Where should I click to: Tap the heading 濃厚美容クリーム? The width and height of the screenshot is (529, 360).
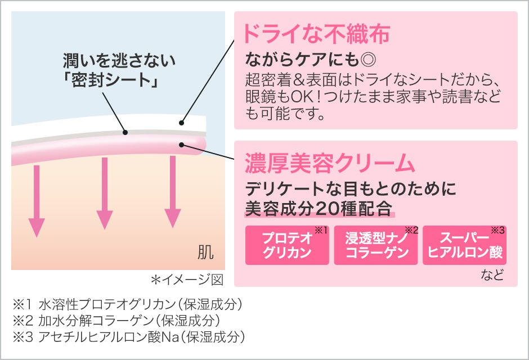point(329,163)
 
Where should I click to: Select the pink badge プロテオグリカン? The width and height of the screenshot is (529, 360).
point(287,245)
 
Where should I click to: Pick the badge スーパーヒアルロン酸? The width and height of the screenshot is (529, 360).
point(465,245)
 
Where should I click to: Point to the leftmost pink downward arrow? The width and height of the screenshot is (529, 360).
point(37,200)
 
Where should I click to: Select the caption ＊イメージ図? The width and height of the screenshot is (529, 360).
point(187,280)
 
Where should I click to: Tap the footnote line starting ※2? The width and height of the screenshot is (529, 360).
point(116,321)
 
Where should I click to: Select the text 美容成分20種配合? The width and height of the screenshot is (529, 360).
point(318,208)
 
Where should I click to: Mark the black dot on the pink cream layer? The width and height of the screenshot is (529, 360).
point(181,145)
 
